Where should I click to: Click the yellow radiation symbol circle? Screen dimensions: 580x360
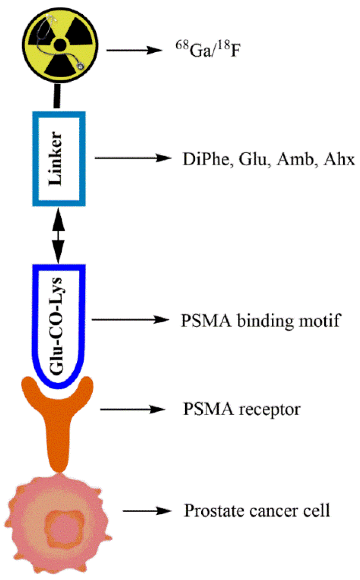click(60, 45)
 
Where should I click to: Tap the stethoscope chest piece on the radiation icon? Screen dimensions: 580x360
click(81, 67)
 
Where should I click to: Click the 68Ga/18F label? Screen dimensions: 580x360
click(208, 50)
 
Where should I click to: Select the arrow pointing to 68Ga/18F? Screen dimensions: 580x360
click(134, 51)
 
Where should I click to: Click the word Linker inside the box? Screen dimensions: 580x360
click(55, 159)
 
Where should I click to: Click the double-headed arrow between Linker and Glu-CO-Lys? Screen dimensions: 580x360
click(58, 236)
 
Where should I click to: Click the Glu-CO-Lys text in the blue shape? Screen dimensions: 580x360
click(56, 326)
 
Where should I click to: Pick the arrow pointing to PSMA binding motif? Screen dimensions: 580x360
click(130, 320)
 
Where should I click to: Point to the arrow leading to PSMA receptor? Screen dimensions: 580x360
click(132, 409)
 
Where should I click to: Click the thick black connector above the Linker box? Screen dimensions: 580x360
click(57, 96)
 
